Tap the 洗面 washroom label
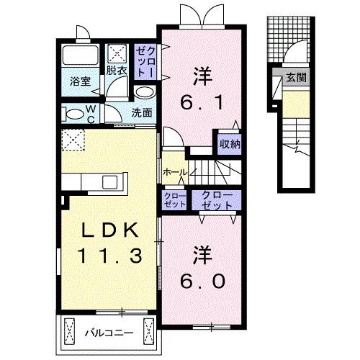tap(143, 112)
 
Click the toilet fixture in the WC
tap(71, 114)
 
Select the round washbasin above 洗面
tap(144, 93)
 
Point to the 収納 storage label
tap(230, 144)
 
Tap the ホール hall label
tap(174, 172)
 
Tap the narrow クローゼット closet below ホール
tap(174, 199)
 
